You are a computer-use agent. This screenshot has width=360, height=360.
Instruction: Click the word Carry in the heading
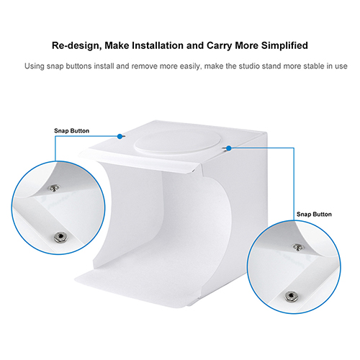(220, 46)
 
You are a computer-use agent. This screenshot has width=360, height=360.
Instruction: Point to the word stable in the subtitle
(314, 66)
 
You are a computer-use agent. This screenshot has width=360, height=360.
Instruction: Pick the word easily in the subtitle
(191, 66)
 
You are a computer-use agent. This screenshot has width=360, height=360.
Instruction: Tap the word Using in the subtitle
(35, 66)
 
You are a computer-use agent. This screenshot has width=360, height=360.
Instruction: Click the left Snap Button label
(71, 131)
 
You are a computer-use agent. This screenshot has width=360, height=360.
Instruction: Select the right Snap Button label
(314, 214)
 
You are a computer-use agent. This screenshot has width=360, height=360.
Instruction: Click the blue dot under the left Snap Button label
(120, 137)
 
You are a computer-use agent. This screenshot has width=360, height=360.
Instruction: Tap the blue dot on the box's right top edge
(229, 148)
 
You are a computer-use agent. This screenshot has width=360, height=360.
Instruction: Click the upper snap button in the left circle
(54, 188)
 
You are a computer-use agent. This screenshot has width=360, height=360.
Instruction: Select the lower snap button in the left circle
(60, 237)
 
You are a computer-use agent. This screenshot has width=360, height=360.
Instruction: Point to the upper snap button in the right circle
(298, 247)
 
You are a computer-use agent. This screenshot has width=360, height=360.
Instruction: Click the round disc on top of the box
(178, 142)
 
